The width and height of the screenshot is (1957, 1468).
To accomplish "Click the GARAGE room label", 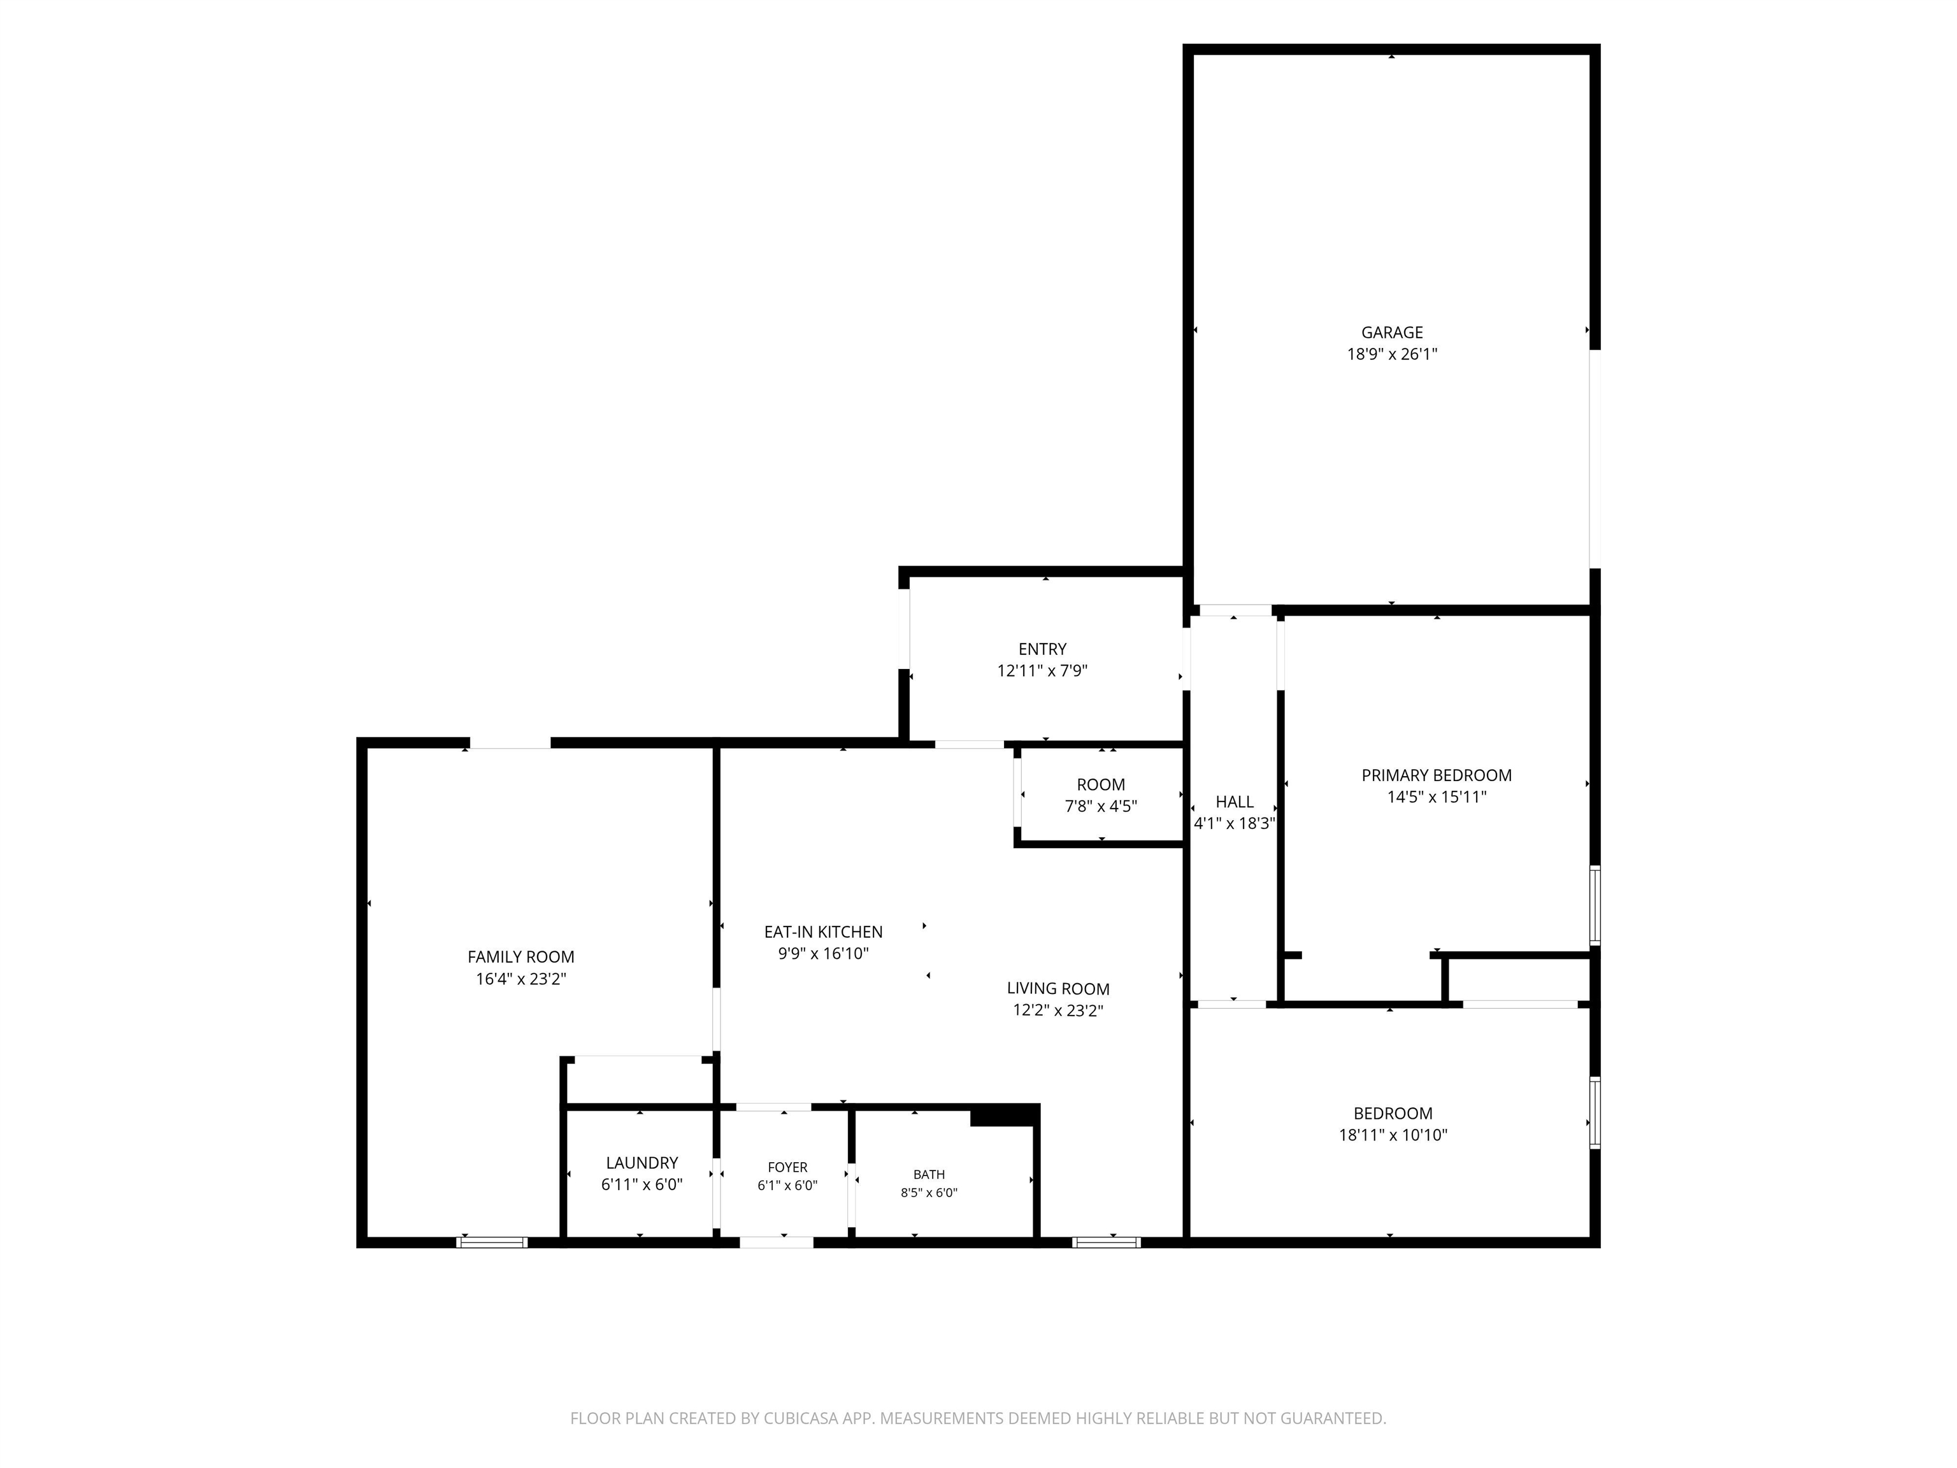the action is coord(1392,333).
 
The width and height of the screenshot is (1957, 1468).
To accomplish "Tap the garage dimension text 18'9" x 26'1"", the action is coord(1392,354).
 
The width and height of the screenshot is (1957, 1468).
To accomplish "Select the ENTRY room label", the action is coord(1042,649).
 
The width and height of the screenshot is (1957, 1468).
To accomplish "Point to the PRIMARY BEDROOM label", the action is coord(1436,775).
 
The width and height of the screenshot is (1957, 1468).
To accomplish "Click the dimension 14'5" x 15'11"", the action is coord(1436,796).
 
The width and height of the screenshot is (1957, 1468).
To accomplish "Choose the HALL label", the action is coord(1234,802).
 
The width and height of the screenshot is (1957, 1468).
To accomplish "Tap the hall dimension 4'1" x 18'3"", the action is coord(1234,823).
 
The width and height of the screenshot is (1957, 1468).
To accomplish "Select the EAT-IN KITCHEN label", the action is coord(824,932).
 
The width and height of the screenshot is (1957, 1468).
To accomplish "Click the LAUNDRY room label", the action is coord(642,1163).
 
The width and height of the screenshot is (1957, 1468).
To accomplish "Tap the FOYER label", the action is coord(787,1167).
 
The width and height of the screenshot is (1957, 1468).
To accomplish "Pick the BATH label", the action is coord(929,1174).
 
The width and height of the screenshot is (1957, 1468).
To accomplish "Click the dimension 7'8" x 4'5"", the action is coord(1101,806).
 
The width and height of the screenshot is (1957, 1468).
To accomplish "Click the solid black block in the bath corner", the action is coord(1003,1116).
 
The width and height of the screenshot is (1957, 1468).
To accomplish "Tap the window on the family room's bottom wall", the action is coord(492,1242).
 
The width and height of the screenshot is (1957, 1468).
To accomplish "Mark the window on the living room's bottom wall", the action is coord(1106,1242).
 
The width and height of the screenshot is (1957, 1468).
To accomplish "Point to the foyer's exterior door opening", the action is coord(776,1242).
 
